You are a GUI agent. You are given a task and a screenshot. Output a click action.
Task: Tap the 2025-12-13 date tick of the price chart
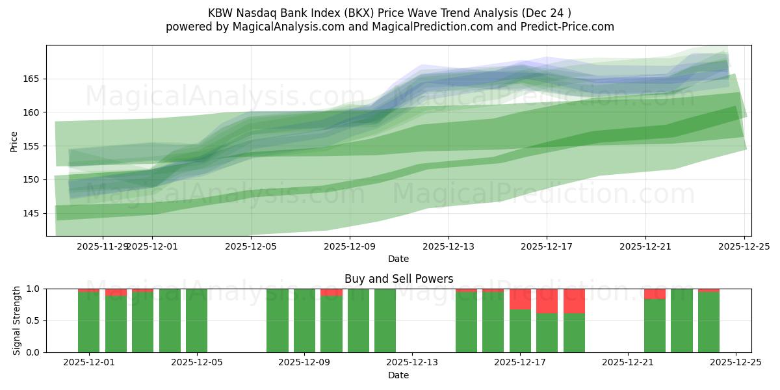click(x=448, y=246)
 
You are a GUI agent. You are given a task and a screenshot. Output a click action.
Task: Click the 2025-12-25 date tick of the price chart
click(x=744, y=246)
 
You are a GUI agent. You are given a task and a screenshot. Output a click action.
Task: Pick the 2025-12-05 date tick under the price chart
click(x=251, y=246)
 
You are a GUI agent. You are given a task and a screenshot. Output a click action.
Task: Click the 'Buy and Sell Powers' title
click(x=398, y=279)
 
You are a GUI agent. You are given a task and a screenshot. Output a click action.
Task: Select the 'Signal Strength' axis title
click(x=17, y=320)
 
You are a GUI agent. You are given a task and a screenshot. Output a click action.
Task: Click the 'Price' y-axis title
click(x=14, y=141)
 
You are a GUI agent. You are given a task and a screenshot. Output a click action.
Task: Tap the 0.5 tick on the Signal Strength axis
click(x=32, y=320)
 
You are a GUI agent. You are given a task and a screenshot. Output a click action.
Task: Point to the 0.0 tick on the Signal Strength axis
click(x=32, y=352)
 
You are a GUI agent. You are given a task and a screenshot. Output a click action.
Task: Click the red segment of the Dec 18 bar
click(x=547, y=301)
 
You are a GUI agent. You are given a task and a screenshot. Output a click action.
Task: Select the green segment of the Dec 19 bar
click(x=574, y=333)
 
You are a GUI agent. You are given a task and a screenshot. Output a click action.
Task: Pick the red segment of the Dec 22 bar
click(x=655, y=294)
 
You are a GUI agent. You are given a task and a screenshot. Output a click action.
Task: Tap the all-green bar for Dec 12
click(x=385, y=320)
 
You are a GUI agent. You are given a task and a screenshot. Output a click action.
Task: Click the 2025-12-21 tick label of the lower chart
click(x=628, y=363)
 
